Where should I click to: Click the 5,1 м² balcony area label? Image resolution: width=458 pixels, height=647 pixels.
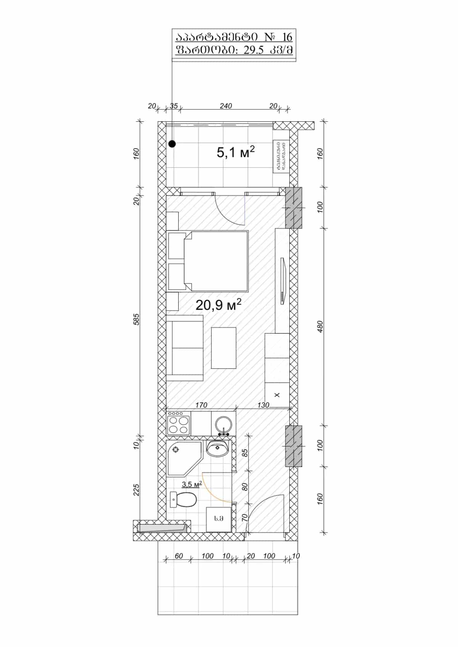(x=235, y=153)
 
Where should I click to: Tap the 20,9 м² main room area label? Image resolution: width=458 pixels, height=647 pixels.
(x=218, y=305)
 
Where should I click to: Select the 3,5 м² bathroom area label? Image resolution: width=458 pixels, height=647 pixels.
(x=192, y=484)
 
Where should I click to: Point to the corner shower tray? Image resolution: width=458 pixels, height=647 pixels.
(x=182, y=457)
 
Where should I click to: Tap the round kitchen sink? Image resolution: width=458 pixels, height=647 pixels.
(x=223, y=424)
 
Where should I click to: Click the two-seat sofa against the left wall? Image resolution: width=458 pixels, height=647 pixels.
(x=185, y=348)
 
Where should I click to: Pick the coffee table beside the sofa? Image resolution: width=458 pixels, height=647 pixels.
(x=224, y=348)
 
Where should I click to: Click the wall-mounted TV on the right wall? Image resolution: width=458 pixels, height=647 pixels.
(x=282, y=281)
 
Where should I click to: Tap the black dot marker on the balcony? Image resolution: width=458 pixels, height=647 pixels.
(x=172, y=144)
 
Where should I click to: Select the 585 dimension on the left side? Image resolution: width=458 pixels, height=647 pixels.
(x=137, y=319)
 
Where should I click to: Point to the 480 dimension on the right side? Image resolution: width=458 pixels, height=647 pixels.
(x=320, y=326)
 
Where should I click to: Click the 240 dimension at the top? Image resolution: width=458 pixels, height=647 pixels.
(x=226, y=106)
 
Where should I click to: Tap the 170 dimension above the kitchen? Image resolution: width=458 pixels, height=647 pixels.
(x=201, y=405)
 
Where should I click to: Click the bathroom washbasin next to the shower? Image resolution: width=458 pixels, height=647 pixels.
(x=218, y=448)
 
